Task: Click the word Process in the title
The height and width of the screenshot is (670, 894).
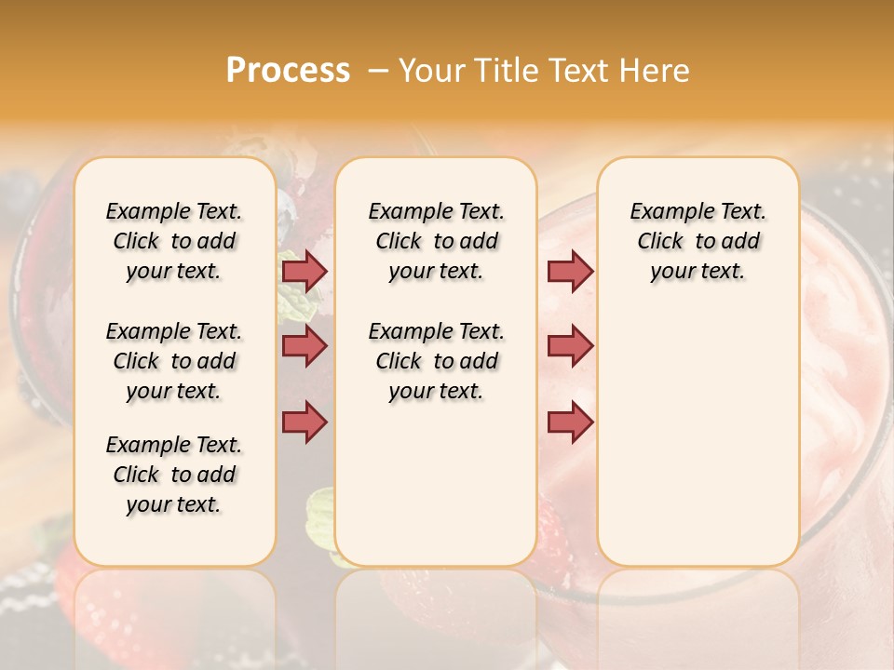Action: [x=288, y=71]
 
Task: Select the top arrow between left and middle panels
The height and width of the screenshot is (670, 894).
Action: [x=305, y=271]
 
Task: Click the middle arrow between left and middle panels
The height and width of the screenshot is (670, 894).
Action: [x=305, y=346]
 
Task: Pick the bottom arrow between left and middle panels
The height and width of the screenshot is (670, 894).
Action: [x=305, y=422]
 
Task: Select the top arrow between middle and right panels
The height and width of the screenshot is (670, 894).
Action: [x=570, y=271]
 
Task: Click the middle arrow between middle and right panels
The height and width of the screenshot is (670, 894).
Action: [x=570, y=346]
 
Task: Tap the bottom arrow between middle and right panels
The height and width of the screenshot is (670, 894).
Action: [x=570, y=422]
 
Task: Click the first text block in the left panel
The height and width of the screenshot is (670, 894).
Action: [x=174, y=241]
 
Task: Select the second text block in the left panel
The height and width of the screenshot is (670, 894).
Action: [x=174, y=361]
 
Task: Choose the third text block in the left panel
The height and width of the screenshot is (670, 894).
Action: [x=174, y=475]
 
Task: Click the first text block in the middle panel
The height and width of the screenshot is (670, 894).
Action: [x=436, y=241]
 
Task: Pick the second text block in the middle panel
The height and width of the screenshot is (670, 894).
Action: [x=436, y=361]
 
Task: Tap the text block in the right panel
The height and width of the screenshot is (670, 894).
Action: [x=698, y=241]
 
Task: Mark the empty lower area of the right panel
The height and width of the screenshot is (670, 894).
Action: [x=698, y=447]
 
